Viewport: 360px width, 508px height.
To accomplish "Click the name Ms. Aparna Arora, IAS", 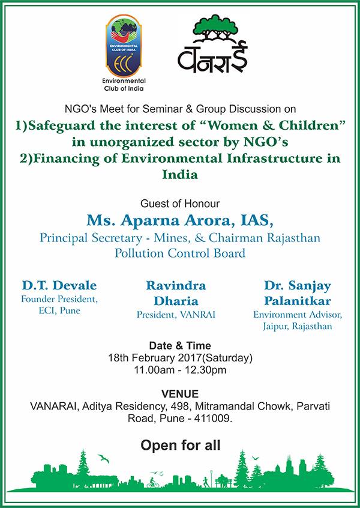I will pyautogui.click(x=180, y=220).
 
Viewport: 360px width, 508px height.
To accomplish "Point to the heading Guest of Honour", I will pyautogui.click(x=180, y=203).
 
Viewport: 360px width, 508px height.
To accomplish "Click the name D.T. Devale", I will pyautogui.click(x=51, y=285).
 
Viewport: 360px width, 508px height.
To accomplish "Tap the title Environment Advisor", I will pyautogui.click(x=298, y=314).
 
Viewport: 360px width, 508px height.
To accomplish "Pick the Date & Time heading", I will pyautogui.click(x=180, y=346).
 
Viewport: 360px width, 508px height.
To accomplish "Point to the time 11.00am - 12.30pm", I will pyautogui.click(x=180, y=370).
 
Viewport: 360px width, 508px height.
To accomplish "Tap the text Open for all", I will pyautogui.click(x=180, y=446).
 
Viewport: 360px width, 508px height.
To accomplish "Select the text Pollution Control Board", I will pyautogui.click(x=180, y=253).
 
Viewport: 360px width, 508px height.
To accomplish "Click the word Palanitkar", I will pyautogui.click(x=298, y=300).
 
